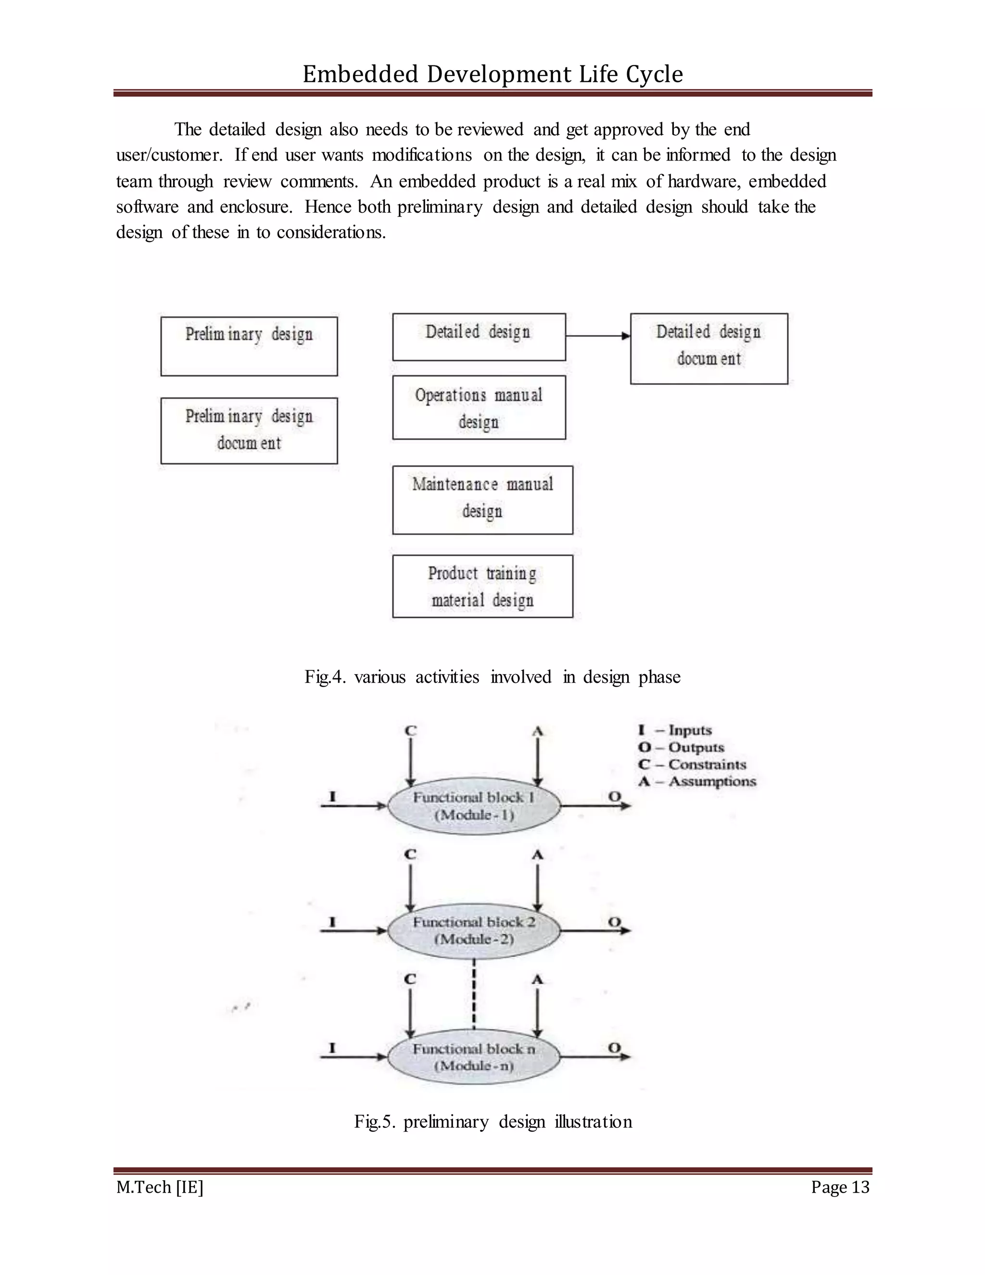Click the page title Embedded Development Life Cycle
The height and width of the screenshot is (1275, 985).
(492, 74)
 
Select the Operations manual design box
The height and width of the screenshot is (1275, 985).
(479, 408)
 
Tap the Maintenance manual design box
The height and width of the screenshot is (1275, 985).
(482, 500)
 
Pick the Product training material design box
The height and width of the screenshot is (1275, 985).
(482, 586)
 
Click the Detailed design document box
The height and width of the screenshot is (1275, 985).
(708, 348)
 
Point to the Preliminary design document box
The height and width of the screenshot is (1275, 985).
(249, 431)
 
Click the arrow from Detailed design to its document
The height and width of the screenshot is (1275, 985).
(597, 336)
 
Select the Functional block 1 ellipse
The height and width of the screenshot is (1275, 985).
(474, 806)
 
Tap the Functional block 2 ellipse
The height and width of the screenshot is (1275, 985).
(474, 931)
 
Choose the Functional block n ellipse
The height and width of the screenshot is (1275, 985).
(474, 1057)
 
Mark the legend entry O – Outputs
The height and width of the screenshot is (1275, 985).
(681, 747)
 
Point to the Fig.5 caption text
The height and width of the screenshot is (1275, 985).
(493, 1122)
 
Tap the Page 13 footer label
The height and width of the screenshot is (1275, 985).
(840, 1187)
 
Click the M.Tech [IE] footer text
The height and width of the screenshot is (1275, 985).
(159, 1187)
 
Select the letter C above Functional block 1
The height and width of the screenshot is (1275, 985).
(411, 731)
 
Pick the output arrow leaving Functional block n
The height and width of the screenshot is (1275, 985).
(595, 1056)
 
